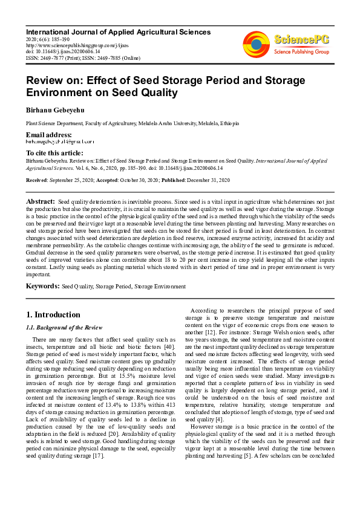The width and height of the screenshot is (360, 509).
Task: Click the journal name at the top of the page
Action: [118, 32]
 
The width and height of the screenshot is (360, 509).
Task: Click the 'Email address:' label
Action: [48, 134]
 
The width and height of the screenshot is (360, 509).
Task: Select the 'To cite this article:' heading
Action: [54, 154]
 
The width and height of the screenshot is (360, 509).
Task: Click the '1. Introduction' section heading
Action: [53, 315]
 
